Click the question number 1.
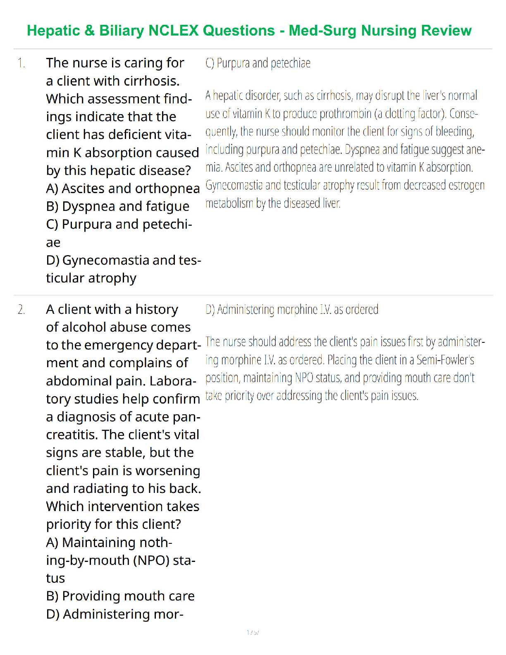[x=21, y=63]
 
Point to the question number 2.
[x=21, y=310]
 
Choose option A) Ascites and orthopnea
[x=123, y=189]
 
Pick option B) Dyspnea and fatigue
[x=118, y=206]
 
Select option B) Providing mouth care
[x=120, y=596]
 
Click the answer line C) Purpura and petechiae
[x=258, y=63]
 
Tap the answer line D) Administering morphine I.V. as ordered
[x=292, y=310]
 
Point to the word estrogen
[x=465, y=185]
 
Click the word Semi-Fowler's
[x=445, y=360]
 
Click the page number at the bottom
[x=253, y=632]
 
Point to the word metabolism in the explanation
[x=230, y=203]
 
